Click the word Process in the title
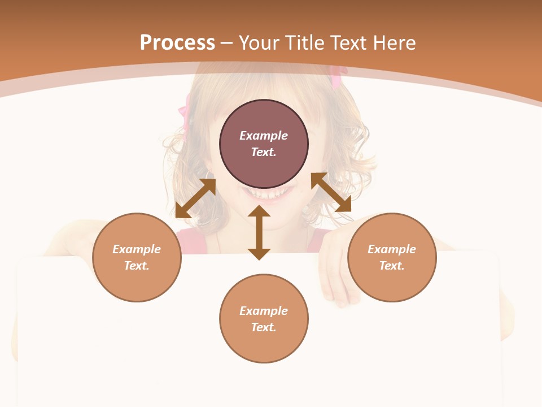[x=177, y=43]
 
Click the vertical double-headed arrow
[x=259, y=232]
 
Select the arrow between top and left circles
[x=195, y=198]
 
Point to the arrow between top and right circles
[x=331, y=192]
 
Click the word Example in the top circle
[x=264, y=136]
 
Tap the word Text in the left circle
[x=137, y=266]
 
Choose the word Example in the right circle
[x=392, y=249]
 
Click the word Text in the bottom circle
[x=264, y=327]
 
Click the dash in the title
[x=226, y=43]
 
